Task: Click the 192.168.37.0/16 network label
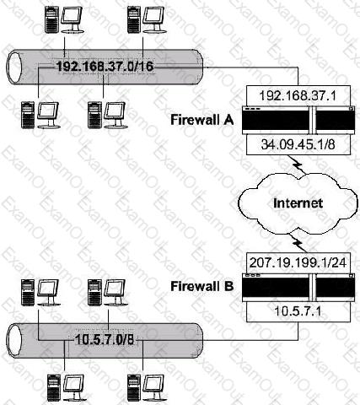(x=105, y=67)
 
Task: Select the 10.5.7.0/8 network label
(x=105, y=340)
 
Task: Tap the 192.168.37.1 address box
(x=298, y=95)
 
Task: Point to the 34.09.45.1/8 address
(x=298, y=144)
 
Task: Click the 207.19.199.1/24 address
(x=298, y=262)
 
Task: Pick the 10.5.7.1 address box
(x=298, y=312)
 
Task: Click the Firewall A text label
(x=202, y=120)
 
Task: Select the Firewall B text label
(x=202, y=286)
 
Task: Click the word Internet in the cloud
(x=298, y=202)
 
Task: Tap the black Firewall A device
(x=298, y=120)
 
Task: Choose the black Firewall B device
(x=298, y=288)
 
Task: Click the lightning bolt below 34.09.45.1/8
(x=297, y=167)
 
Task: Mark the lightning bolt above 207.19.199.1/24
(x=298, y=244)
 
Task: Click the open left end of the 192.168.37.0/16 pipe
(x=14, y=67)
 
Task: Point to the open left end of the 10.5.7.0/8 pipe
(x=14, y=341)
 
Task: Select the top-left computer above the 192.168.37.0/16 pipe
(x=65, y=19)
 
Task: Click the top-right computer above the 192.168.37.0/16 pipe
(x=146, y=19)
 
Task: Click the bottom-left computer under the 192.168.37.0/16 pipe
(x=40, y=116)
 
